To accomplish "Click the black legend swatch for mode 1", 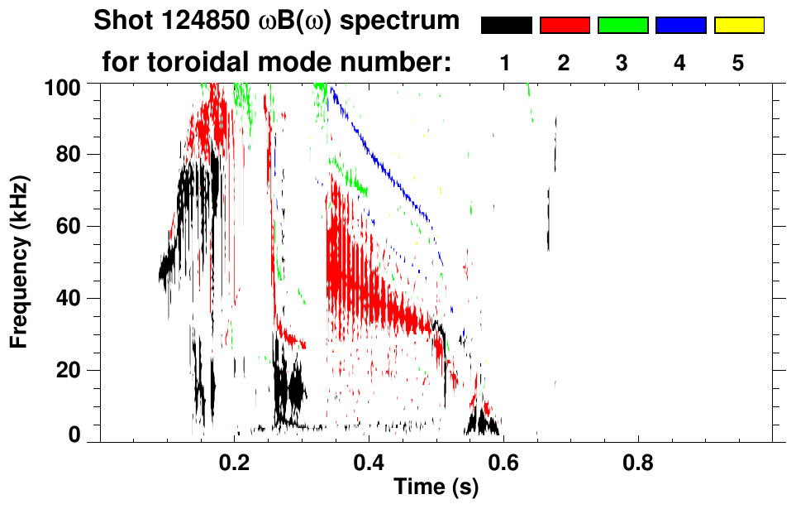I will click(506, 26).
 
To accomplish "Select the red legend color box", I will click(565, 26).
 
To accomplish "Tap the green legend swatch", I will click(622, 26).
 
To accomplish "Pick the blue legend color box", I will click(680, 26).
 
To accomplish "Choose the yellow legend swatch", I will click(739, 26).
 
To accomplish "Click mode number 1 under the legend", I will click(506, 64).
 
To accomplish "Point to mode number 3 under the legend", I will click(622, 64).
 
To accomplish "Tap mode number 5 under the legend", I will click(739, 64).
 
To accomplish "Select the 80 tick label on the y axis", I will click(70, 155).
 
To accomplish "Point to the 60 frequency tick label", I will click(70, 226).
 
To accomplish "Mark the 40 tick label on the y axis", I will click(70, 298).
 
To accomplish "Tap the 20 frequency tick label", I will click(70, 370).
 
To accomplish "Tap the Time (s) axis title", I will click(436, 487).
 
